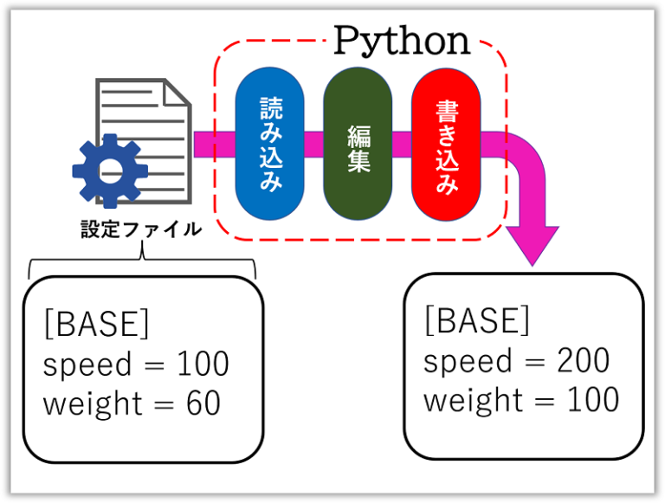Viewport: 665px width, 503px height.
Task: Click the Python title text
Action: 402,42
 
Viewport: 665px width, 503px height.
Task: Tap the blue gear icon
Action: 110,171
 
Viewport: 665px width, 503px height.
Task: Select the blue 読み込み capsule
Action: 270,144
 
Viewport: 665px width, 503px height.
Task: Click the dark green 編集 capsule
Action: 358,144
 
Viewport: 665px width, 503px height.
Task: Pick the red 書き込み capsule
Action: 446,145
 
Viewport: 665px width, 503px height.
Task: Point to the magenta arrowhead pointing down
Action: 533,246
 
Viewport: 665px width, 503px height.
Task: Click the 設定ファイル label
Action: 141,229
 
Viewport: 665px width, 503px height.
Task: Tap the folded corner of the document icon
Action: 177,93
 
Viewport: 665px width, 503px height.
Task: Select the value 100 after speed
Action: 203,364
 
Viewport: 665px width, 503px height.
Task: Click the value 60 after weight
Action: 203,403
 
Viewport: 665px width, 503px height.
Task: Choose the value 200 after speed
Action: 584,360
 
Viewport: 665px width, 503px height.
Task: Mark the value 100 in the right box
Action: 593,399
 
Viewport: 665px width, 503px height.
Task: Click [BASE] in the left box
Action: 97,324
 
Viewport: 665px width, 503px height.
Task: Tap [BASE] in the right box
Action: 477,320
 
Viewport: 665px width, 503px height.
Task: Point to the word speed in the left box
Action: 87,364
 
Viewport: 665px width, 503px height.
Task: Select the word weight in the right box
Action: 474,400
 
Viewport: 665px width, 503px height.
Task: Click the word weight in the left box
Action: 93,403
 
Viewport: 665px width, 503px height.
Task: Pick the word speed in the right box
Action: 468,361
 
